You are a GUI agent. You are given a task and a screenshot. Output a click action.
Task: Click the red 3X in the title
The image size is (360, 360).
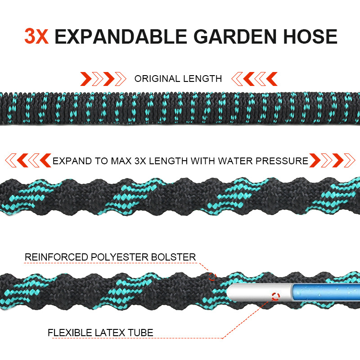click(36, 36)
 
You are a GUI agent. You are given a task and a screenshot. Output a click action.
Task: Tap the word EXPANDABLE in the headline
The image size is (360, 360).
click(121, 36)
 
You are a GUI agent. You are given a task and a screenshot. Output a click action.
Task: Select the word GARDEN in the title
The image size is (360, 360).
click(235, 36)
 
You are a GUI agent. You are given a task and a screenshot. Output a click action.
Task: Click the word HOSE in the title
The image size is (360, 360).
click(310, 36)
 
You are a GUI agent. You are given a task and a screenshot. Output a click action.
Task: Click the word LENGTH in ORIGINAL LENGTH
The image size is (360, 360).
click(202, 79)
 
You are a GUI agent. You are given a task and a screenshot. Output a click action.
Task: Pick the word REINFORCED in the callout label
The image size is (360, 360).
click(56, 257)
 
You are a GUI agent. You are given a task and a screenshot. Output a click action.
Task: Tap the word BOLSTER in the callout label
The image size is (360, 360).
click(174, 257)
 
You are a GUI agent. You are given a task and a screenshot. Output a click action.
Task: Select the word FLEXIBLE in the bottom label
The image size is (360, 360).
click(70, 333)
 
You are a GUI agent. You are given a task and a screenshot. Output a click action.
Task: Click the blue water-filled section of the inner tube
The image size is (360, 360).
click(325, 292)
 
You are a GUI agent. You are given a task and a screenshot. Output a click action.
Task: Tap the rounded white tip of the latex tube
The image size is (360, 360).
click(231, 292)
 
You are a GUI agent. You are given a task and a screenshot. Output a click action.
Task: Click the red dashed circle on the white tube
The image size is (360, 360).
click(275, 297)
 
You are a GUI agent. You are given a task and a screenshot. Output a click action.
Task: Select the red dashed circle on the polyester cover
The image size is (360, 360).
click(212, 277)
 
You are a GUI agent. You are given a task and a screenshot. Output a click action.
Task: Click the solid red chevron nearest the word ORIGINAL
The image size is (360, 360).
click(108, 79)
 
